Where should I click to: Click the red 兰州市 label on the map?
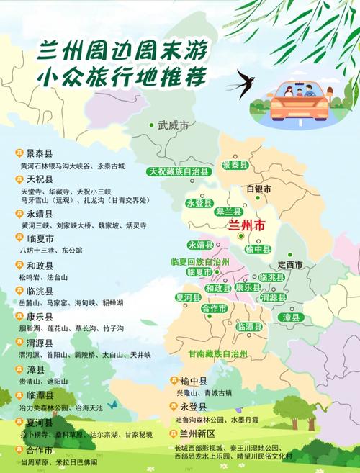[x=246, y=225]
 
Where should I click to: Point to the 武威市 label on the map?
[x=173, y=125]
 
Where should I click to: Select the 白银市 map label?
[x=258, y=189]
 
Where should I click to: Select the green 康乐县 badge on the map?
[x=247, y=287]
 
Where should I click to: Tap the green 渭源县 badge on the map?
[x=273, y=297]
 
